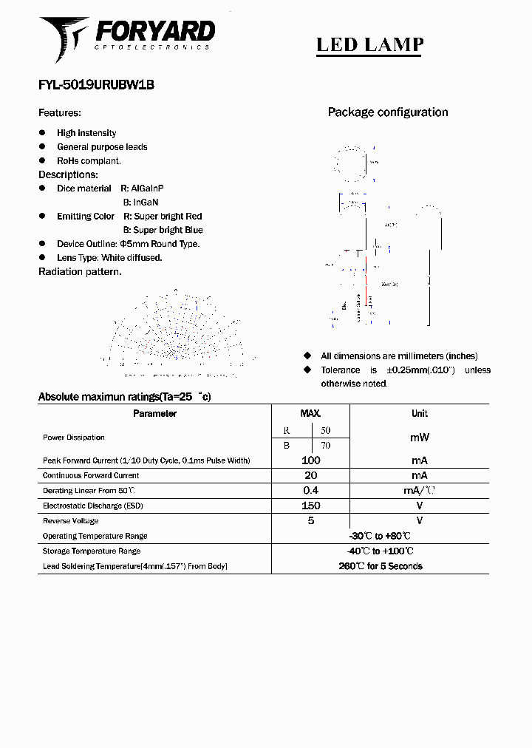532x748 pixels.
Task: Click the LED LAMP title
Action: click(x=369, y=45)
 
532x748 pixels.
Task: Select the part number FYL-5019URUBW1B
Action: click(x=96, y=85)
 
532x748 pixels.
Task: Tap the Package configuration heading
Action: click(x=388, y=112)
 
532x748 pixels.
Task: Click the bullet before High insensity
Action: click(x=42, y=133)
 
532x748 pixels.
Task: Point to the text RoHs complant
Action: click(x=89, y=160)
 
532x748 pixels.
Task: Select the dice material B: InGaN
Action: click(x=140, y=202)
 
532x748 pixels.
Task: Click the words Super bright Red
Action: click(x=168, y=217)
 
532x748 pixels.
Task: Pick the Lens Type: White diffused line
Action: click(x=109, y=258)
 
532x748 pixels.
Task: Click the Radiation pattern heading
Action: click(x=80, y=271)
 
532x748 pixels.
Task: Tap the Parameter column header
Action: click(x=154, y=414)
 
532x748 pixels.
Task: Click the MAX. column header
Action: click(x=310, y=414)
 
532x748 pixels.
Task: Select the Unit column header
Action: click(x=419, y=414)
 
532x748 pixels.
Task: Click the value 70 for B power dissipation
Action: click(x=325, y=445)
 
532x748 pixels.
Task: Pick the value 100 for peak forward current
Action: click(x=310, y=460)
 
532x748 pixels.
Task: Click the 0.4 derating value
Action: click(x=310, y=491)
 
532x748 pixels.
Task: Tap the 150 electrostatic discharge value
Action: click(x=310, y=506)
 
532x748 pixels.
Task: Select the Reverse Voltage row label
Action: click(x=70, y=521)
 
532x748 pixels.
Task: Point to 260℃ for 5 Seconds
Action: click(x=380, y=566)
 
